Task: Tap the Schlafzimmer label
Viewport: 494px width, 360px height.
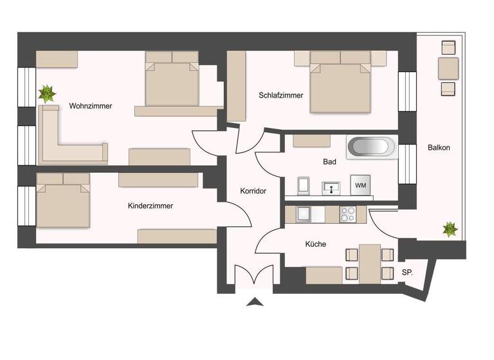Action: (280, 95)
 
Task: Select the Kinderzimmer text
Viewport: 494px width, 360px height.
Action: (151, 206)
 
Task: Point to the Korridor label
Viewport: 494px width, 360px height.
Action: (253, 191)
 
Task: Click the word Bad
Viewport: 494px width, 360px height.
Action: (329, 163)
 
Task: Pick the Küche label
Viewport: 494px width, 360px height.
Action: (315, 244)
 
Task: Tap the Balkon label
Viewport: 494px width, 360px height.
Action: (439, 148)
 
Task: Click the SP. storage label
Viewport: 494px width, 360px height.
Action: (407, 273)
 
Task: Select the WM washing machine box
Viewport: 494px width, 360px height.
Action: (361, 186)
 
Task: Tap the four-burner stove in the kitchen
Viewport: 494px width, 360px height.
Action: (347, 214)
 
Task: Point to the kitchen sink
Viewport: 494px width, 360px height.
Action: (303, 214)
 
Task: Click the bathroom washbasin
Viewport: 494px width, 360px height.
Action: (332, 188)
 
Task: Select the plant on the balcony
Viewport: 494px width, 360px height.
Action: (450, 228)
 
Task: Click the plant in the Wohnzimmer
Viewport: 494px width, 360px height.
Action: (46, 94)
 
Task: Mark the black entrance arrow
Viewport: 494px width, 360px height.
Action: (255, 301)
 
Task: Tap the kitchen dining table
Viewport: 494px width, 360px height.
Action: (370, 264)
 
